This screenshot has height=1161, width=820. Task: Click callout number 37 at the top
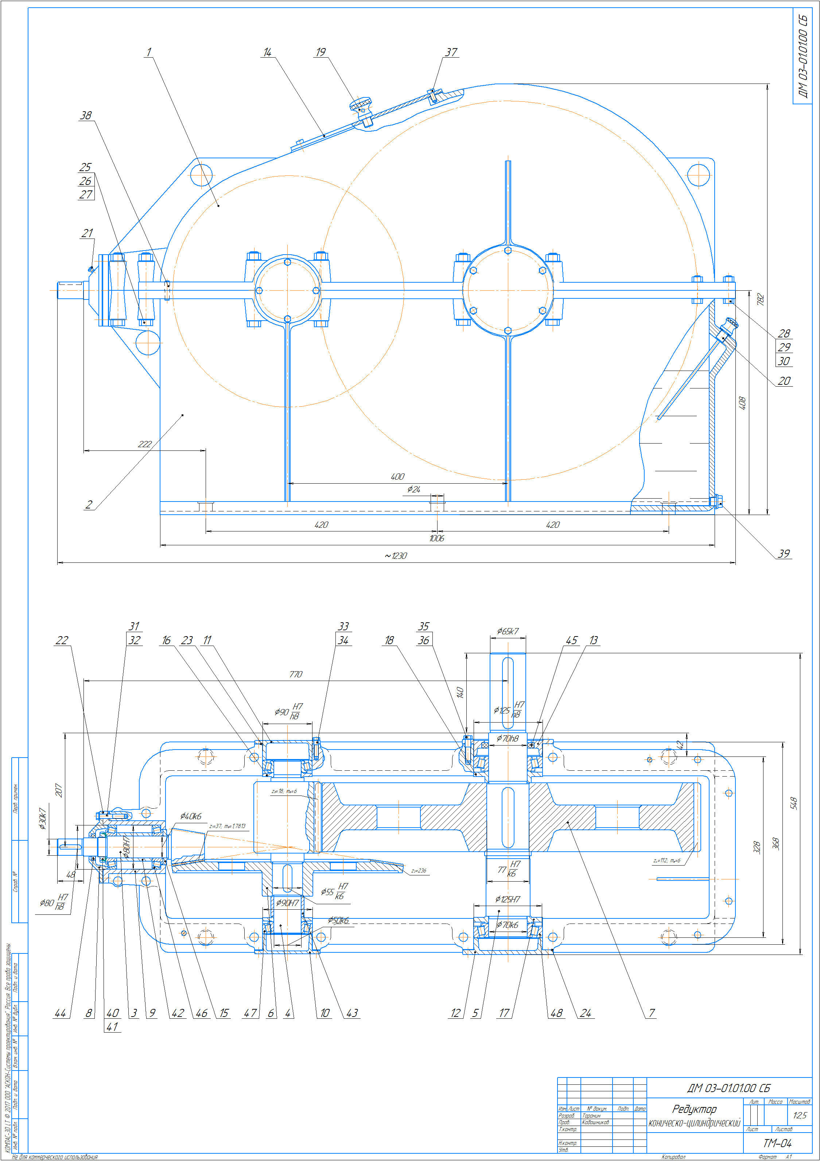(x=451, y=52)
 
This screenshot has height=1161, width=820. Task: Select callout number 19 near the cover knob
(x=320, y=52)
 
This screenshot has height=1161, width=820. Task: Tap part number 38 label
(x=86, y=115)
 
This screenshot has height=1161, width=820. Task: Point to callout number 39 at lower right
(x=783, y=554)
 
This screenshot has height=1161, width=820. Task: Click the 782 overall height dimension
(x=760, y=299)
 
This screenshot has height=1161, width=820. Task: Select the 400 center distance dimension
(x=397, y=477)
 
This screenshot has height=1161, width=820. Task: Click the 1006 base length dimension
(x=437, y=538)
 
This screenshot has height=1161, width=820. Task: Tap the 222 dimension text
(x=145, y=444)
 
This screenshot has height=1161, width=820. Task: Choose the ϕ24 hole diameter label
(x=413, y=489)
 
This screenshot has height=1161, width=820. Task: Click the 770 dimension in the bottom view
(x=296, y=674)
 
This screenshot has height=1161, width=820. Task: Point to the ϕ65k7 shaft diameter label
(x=508, y=631)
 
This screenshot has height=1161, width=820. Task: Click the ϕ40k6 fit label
(x=191, y=816)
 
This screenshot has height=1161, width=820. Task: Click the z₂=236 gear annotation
(x=419, y=871)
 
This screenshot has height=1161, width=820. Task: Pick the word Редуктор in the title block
(x=694, y=1109)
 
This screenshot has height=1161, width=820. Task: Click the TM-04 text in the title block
(x=777, y=1143)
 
